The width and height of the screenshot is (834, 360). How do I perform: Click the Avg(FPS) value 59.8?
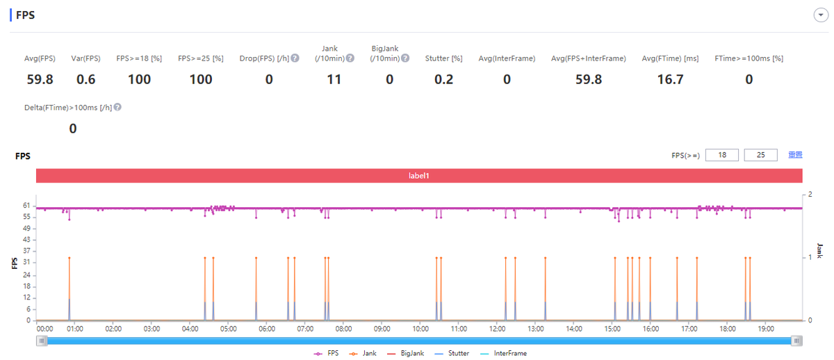(40, 79)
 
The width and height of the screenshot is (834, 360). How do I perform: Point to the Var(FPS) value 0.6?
(86, 79)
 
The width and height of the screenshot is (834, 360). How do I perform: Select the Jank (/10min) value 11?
(334, 79)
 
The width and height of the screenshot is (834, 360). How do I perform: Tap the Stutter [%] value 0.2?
(443, 79)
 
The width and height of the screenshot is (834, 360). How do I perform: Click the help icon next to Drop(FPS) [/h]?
(295, 58)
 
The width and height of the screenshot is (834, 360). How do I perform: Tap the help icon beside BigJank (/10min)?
(405, 58)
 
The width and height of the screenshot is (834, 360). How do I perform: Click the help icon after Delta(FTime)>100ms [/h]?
(117, 107)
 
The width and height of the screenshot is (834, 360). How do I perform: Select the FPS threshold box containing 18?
(722, 155)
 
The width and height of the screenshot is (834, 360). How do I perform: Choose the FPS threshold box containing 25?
(760, 155)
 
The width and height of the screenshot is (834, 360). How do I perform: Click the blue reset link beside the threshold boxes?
(795, 155)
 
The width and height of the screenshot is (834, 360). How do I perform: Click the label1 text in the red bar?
(419, 176)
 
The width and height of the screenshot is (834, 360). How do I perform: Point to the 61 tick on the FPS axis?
(26, 206)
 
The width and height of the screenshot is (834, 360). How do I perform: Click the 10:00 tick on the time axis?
(420, 328)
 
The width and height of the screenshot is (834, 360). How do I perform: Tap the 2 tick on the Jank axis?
(810, 194)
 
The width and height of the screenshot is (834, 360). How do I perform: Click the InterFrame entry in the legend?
(510, 353)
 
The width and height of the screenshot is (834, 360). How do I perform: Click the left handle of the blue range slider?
(42, 341)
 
